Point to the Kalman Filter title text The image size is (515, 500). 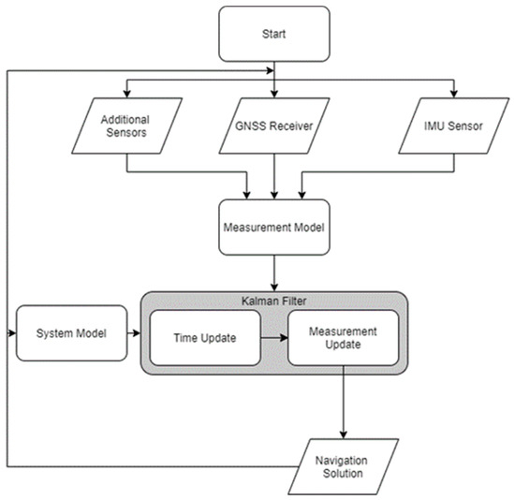273,300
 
